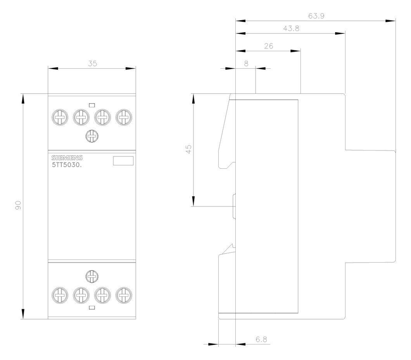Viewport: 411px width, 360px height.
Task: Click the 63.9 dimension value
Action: point(316,16)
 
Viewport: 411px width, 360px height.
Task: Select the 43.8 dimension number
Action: point(291,28)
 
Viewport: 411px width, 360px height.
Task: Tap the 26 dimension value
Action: point(269,46)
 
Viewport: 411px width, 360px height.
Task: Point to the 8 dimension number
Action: point(246,64)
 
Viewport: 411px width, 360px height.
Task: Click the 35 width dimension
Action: point(93,64)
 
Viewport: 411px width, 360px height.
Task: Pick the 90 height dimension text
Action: point(18,205)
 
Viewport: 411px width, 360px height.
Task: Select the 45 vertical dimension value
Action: point(188,149)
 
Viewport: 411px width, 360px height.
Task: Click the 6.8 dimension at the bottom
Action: point(261,339)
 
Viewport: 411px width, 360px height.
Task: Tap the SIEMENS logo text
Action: point(67,157)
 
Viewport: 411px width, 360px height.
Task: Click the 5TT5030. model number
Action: point(67,165)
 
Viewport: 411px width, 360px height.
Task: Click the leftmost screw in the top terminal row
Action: point(60,117)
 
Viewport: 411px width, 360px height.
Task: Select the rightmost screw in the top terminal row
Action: point(124,117)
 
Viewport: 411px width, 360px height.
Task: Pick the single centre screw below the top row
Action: point(92,136)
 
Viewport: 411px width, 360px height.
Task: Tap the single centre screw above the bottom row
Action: point(92,276)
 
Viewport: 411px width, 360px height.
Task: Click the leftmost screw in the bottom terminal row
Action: point(60,295)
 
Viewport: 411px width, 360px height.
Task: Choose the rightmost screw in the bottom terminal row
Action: point(124,295)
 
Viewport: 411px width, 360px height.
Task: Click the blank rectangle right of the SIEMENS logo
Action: point(123,161)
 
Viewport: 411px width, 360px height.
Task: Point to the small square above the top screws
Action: point(92,105)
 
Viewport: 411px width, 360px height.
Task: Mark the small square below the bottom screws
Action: point(92,308)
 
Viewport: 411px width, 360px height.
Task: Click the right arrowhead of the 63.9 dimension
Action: point(390,21)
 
